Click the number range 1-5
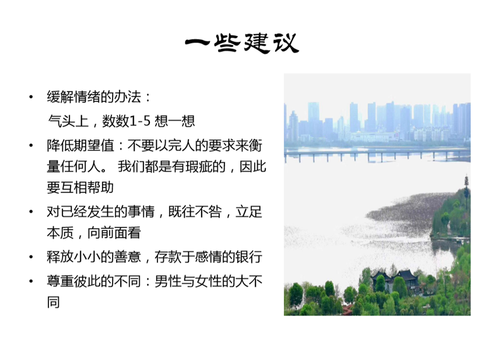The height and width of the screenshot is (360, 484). click(140, 121)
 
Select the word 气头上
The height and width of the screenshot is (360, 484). click(68, 121)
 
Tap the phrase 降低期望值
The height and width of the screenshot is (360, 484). click(80, 145)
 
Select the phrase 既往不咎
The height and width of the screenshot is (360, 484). click(195, 212)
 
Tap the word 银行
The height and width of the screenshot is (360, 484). click(249, 257)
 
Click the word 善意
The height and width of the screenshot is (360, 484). click(128, 257)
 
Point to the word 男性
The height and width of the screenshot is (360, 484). click(168, 281)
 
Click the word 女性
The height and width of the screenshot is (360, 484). click(208, 281)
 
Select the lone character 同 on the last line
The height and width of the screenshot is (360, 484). click(54, 302)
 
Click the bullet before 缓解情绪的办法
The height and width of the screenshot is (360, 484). click(31, 97)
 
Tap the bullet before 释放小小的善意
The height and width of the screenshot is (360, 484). click(31, 257)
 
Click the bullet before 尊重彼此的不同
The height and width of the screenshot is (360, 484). click(31, 281)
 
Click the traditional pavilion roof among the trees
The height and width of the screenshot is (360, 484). click(395, 275)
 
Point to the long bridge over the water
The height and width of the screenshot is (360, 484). click(377, 153)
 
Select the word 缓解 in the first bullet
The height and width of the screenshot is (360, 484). click(61, 97)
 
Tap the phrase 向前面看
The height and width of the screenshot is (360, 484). click(114, 233)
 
